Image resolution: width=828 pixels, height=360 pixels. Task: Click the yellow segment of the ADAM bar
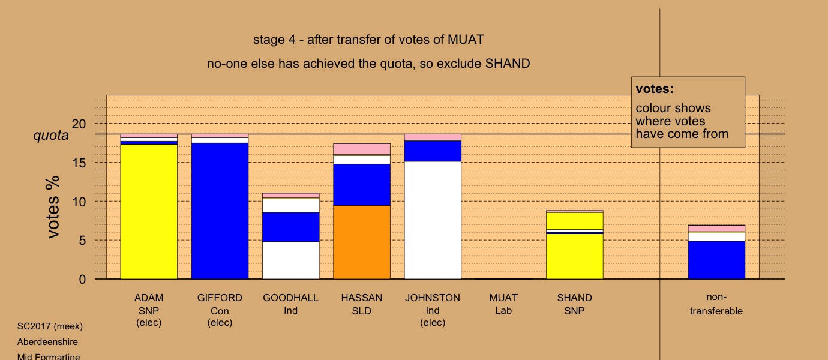[x=149, y=211]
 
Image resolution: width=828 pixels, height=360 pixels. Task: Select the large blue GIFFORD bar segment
[x=220, y=211]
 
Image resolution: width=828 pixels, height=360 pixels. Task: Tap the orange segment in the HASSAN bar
[x=362, y=242]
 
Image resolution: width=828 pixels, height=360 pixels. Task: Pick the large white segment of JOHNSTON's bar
[x=433, y=220]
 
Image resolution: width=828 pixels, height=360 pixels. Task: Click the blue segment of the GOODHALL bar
[x=291, y=227]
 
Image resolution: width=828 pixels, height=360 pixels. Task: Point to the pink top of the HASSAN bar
[x=362, y=149]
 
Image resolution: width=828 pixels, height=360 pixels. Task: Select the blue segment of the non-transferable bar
[x=717, y=260]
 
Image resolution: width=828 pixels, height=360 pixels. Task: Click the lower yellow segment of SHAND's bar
[x=575, y=257]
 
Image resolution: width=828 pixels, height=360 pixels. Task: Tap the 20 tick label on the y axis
[x=79, y=124]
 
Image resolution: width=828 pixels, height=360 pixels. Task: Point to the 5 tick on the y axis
[x=82, y=241]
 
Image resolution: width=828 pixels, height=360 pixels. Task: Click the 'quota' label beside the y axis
[x=51, y=135]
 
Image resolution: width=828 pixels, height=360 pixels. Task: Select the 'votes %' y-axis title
[x=52, y=207]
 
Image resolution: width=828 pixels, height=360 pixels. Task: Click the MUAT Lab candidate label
[x=503, y=304]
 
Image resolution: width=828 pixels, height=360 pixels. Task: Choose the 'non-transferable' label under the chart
[x=716, y=304]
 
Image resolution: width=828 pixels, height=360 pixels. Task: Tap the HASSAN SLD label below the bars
[x=362, y=304]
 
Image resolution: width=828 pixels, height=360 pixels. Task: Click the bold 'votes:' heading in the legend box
[x=655, y=89]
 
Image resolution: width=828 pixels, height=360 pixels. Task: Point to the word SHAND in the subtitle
[x=508, y=64]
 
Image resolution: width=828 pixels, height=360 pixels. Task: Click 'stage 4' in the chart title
[x=274, y=40]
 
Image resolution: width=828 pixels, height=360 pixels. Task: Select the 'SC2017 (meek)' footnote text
[x=50, y=326]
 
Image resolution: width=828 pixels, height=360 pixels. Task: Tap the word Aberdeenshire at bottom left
[x=47, y=342]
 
